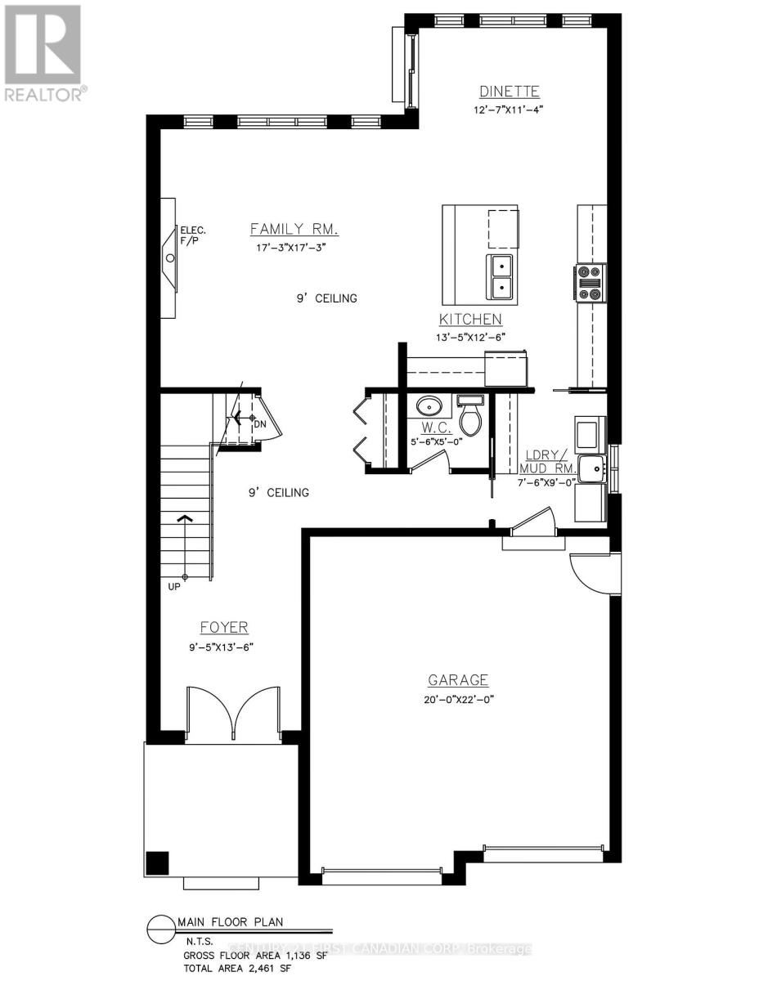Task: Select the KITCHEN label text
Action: pyautogui.click(x=470, y=320)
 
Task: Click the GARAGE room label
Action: pyautogui.click(x=458, y=680)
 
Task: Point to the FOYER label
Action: pyautogui.click(x=224, y=627)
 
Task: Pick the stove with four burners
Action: pyautogui.click(x=591, y=283)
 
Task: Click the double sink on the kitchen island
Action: pyautogui.click(x=500, y=276)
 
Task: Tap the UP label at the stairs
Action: pyautogui.click(x=174, y=586)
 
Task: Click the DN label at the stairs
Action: pyautogui.click(x=260, y=424)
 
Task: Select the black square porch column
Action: pyautogui.click(x=156, y=863)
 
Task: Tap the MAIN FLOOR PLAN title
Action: pyautogui.click(x=231, y=922)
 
